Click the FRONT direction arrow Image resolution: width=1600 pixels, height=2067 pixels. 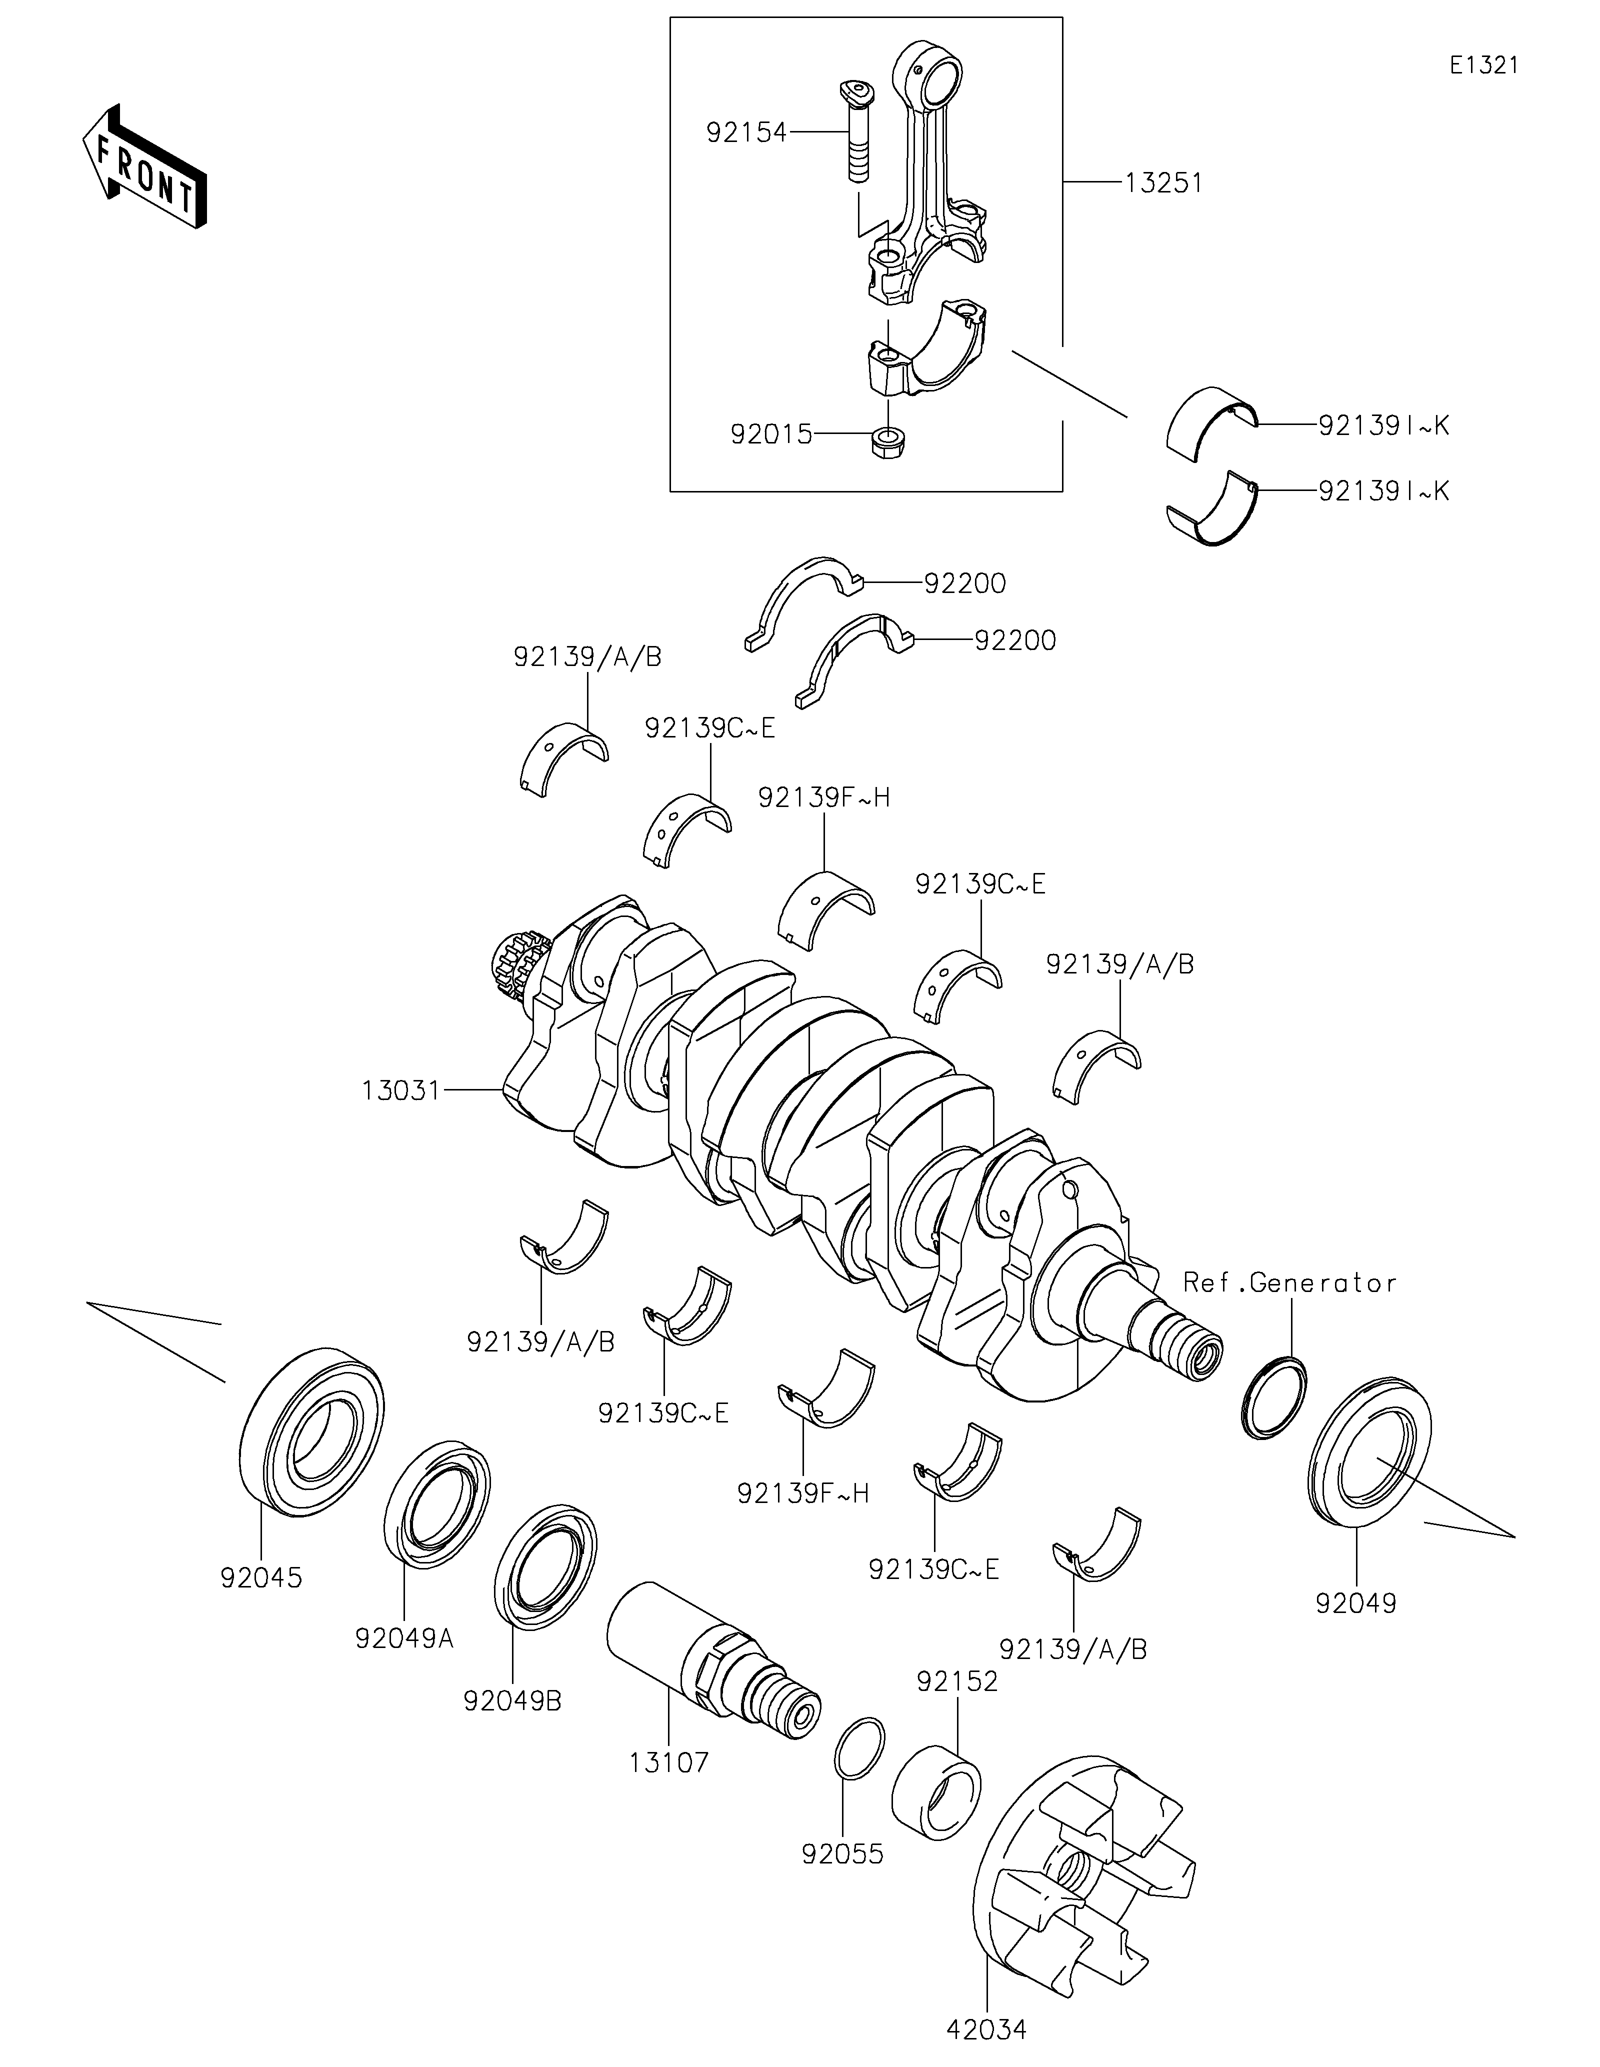pos(144,165)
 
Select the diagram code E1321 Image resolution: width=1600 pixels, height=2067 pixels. pos(1483,65)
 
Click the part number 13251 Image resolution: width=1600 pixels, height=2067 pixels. pos(1164,182)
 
